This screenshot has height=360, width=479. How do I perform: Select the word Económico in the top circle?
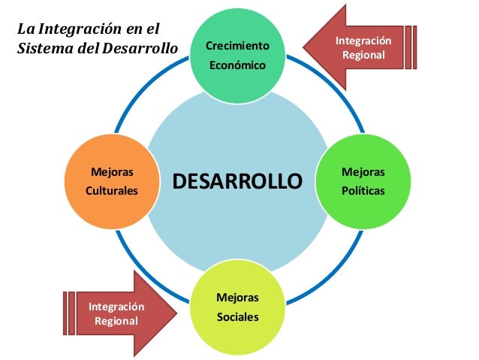click(237, 65)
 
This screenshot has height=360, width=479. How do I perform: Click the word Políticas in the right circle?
click(362, 191)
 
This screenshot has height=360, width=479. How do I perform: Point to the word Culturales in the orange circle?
click(111, 191)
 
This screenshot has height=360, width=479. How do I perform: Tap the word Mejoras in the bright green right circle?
click(362, 173)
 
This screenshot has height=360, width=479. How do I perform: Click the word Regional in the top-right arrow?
click(363, 55)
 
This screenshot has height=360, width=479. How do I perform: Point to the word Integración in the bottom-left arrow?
click(116, 307)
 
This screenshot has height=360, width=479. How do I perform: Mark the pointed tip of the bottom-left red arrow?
click(176, 313)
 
